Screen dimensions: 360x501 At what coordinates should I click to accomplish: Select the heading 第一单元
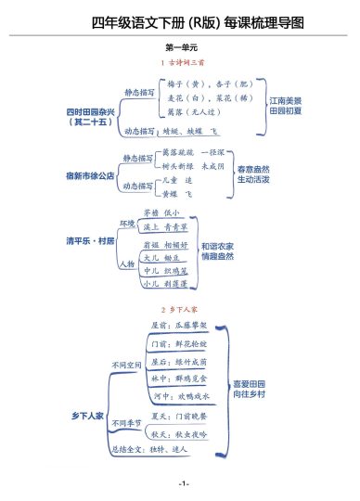[x=180, y=46]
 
